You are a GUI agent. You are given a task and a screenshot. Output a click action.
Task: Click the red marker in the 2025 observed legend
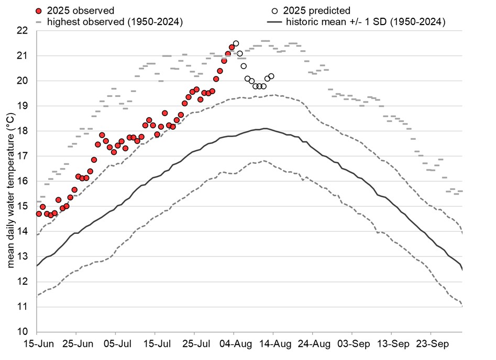(38, 10)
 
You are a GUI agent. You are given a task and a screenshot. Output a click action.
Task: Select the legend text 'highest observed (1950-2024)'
(115, 22)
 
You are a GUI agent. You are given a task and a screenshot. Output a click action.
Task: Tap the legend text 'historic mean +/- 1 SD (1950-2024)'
(365, 22)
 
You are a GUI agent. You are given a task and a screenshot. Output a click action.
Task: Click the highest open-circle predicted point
(236, 43)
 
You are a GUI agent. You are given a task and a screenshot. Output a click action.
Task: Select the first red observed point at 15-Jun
(39, 214)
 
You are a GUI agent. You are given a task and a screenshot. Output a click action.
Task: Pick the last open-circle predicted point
(271, 76)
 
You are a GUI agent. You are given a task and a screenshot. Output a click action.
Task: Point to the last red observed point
(232, 48)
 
